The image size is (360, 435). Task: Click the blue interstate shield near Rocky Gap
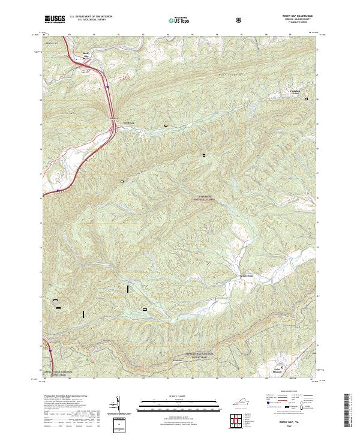108,88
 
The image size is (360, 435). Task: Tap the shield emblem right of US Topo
240,20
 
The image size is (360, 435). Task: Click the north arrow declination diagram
118,403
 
